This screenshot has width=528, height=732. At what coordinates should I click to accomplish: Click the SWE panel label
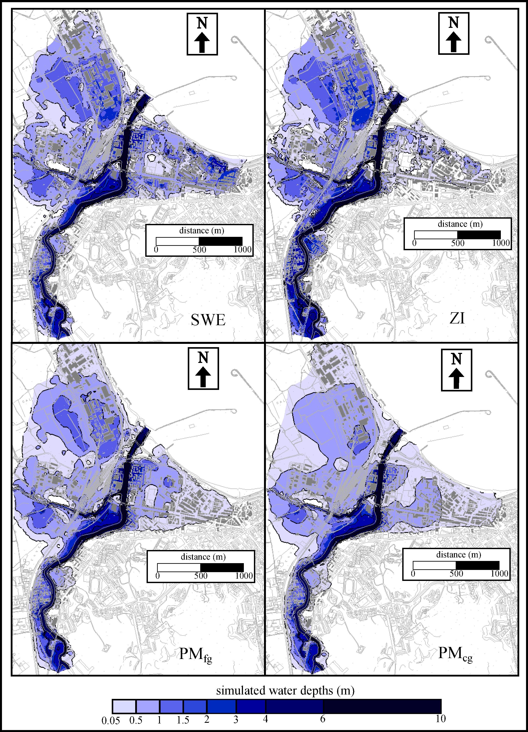tap(208, 320)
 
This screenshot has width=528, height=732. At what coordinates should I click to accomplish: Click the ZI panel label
tap(457, 319)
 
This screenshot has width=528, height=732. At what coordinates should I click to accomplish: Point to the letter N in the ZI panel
tap(454, 23)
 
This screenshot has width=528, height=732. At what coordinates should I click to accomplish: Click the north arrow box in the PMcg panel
tap(456, 370)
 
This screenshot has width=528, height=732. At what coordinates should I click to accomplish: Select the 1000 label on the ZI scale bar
tap(501, 243)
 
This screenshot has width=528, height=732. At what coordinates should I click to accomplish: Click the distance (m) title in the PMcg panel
tap(458, 555)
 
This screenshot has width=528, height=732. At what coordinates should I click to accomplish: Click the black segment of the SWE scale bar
tap(221, 241)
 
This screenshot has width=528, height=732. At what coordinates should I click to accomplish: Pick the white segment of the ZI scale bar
tap(436, 235)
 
